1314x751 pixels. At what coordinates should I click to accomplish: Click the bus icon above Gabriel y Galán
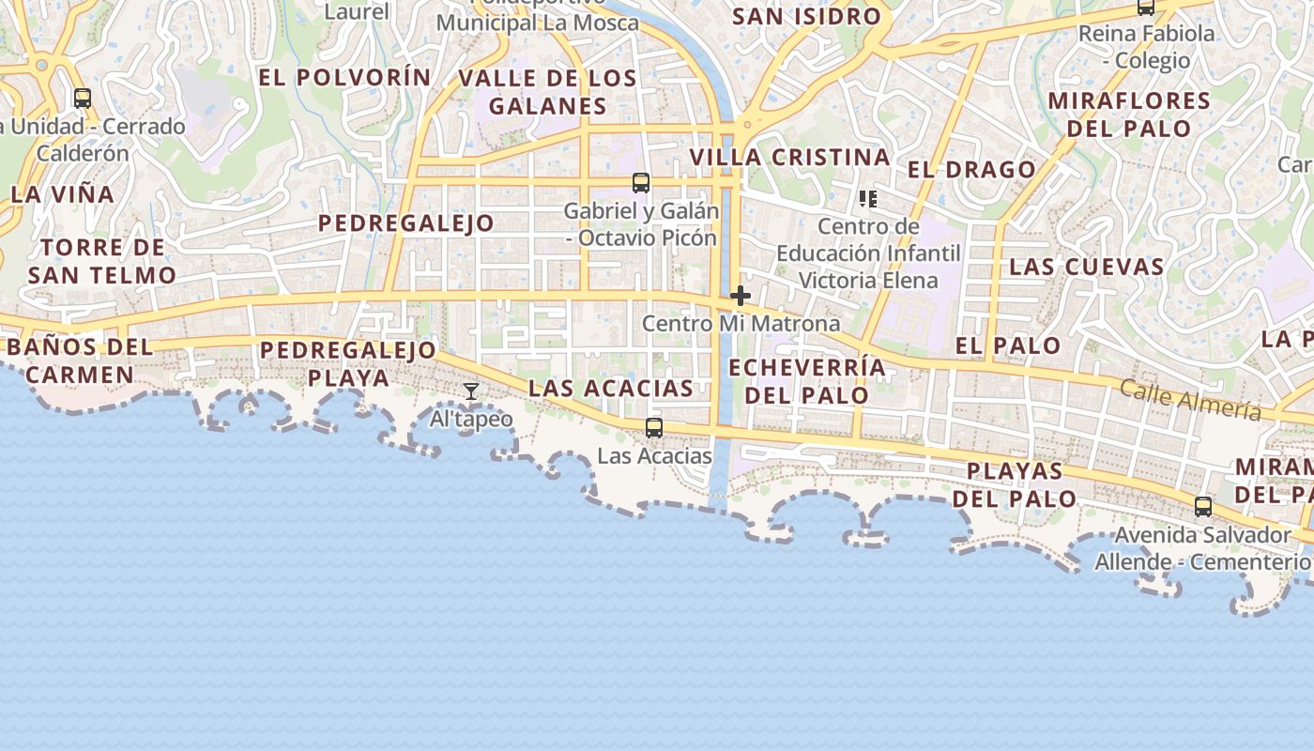point(641,183)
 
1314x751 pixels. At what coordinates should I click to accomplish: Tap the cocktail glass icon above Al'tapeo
point(471,391)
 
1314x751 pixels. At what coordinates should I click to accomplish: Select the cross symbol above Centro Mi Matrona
point(741,297)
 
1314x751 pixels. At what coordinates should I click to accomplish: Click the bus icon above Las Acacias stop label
point(654,428)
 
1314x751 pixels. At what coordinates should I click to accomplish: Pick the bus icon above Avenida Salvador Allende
point(1203,507)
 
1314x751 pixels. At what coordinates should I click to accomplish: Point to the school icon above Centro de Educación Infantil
point(868,199)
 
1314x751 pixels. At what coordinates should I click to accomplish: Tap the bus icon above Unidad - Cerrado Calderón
point(83,98)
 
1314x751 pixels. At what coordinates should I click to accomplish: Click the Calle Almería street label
point(1190,400)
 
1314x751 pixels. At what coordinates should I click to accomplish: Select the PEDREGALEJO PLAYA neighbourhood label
point(348,364)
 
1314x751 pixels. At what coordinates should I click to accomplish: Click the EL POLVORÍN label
point(344,78)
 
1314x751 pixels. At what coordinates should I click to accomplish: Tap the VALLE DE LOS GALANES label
point(548,92)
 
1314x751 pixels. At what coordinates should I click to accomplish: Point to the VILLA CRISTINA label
point(790,158)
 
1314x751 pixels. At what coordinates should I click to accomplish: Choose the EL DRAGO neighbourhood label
point(971,170)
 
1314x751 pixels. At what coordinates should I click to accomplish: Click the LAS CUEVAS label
point(1086,267)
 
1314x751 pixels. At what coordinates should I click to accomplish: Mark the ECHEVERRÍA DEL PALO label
point(807,381)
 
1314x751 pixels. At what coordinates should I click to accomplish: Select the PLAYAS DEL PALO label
point(1015,484)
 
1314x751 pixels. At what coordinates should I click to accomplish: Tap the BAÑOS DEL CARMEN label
point(80,360)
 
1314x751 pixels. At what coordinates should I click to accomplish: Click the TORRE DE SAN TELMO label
point(101,262)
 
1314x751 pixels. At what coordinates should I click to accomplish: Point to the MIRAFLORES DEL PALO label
point(1129,115)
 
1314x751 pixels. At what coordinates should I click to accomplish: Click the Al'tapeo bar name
point(471,419)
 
